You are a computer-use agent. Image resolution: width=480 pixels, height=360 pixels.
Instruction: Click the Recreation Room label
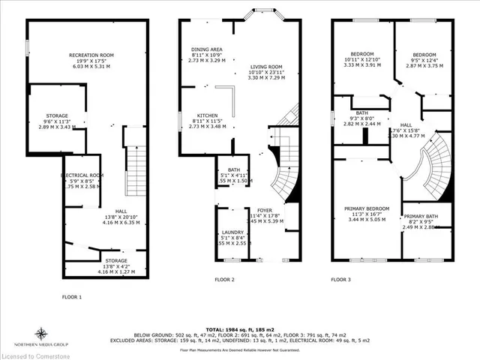coord(91,55)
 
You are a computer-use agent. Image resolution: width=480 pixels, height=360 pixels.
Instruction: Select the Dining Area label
coord(205,50)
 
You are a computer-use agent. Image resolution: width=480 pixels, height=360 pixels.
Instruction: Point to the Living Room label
coord(268,67)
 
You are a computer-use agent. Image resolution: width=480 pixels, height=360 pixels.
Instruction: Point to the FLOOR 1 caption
coord(71,298)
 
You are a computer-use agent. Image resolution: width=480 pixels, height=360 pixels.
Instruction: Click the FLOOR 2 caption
coord(224,280)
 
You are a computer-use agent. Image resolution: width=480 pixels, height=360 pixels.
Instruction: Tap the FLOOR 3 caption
coord(341,280)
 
